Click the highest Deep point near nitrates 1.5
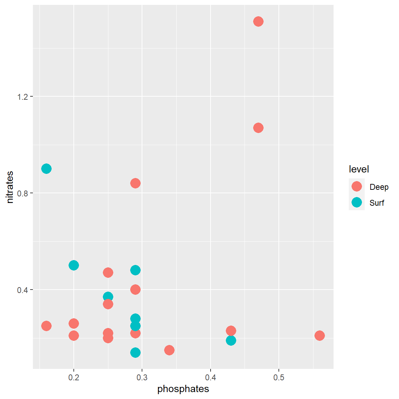pos(258,21)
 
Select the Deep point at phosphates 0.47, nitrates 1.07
pos(258,128)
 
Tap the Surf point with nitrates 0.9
pos(46,169)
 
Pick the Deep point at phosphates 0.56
pos(319,335)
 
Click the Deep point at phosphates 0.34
pos(169,350)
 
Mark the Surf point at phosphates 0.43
pos(231,340)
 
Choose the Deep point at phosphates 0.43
pos(231,331)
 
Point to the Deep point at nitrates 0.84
pos(135,183)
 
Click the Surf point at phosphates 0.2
pos(73,265)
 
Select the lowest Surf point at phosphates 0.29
pos(135,353)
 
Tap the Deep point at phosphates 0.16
pos(46,326)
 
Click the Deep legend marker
pos(356,187)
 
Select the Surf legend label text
pos(376,203)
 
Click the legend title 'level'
pos(359,169)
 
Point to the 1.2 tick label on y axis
pos(23,97)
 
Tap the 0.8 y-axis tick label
pos(23,193)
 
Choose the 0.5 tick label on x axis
pos(279,378)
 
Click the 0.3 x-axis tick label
pos(142,378)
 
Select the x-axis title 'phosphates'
pos(183,389)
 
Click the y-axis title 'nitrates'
pos(10,187)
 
